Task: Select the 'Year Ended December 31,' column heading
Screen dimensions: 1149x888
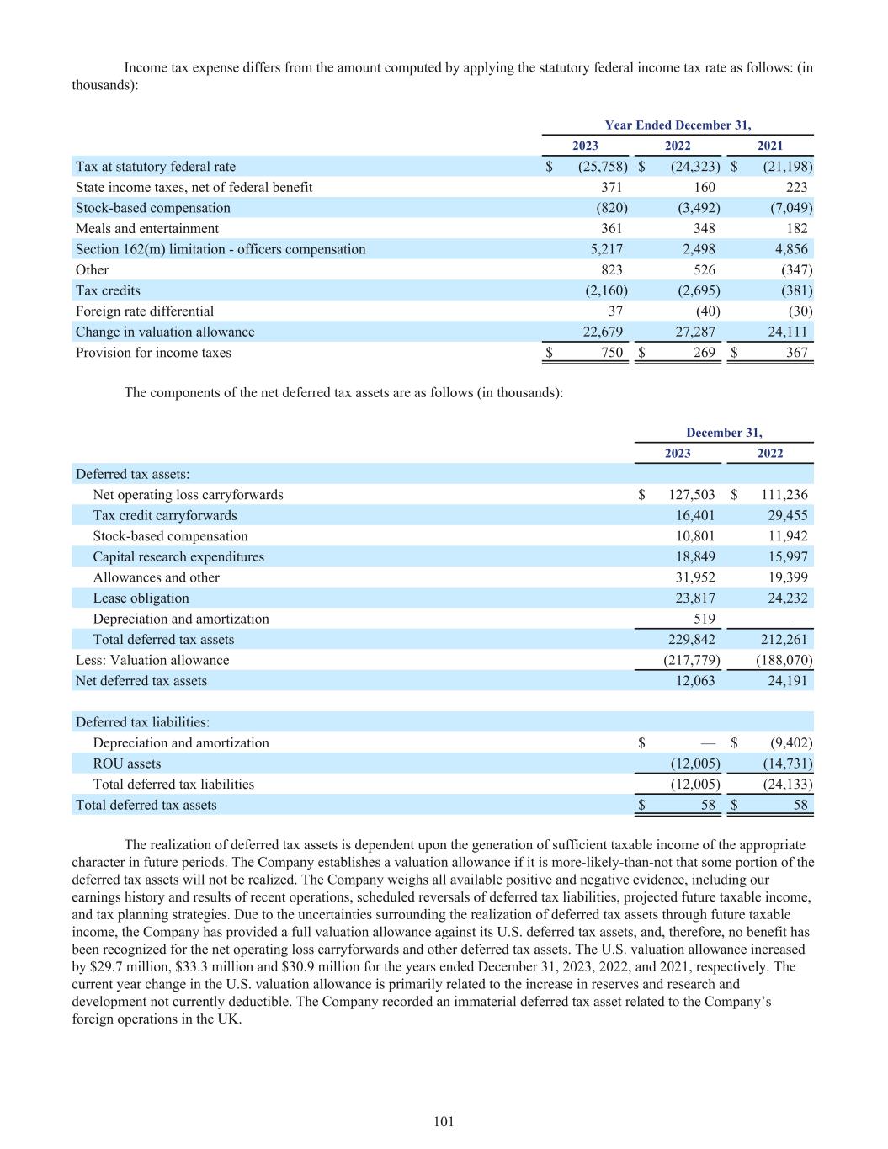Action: pyautogui.click(x=678, y=125)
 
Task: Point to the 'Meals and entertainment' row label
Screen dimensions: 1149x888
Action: pyautogui.click(x=147, y=228)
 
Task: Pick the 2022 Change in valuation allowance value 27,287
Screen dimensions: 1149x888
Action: pyautogui.click(x=696, y=332)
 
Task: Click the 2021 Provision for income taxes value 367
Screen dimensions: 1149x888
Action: pyautogui.click(x=796, y=353)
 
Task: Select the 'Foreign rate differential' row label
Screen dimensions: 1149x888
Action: pyautogui.click(x=145, y=311)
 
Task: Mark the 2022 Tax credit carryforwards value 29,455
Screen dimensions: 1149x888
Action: pyautogui.click(x=788, y=515)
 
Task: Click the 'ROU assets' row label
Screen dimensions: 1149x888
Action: pyautogui.click(x=126, y=763)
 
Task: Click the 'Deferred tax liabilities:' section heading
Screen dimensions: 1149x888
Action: pyautogui.click(x=142, y=722)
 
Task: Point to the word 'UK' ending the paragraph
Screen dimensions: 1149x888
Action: pyautogui.click(x=229, y=1018)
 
